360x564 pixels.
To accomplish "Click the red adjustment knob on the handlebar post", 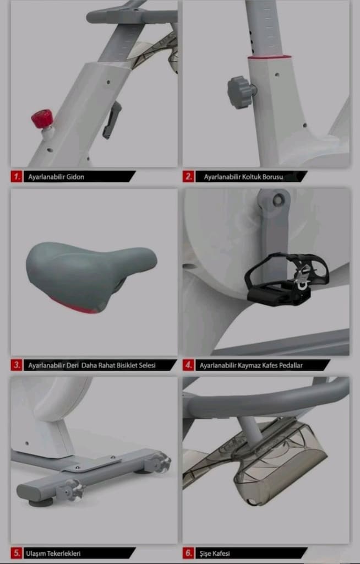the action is pyautogui.click(x=42, y=119).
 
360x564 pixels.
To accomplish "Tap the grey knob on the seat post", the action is pyautogui.click(x=240, y=92).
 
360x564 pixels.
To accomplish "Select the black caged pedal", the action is pyautogui.click(x=287, y=279).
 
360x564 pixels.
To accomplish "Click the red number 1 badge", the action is pyautogui.click(x=16, y=177).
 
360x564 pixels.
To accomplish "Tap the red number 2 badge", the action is pyautogui.click(x=188, y=177).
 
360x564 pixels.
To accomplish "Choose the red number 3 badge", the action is pyautogui.click(x=16, y=365).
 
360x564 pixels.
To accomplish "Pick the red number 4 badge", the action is pyautogui.click(x=188, y=365).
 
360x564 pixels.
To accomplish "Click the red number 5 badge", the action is pyautogui.click(x=16, y=553).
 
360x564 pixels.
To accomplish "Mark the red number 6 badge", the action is pyautogui.click(x=188, y=553).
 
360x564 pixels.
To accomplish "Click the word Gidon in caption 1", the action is pyautogui.click(x=75, y=177).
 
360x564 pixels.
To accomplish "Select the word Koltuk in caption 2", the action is pyautogui.click(x=252, y=177).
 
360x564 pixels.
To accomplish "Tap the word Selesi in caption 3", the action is pyautogui.click(x=146, y=366).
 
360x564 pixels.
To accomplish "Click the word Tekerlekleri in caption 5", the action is pyautogui.click(x=64, y=554).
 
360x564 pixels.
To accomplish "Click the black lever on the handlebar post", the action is pyautogui.click(x=112, y=120).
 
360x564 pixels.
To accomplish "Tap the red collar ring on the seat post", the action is pyautogui.click(x=269, y=57).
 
